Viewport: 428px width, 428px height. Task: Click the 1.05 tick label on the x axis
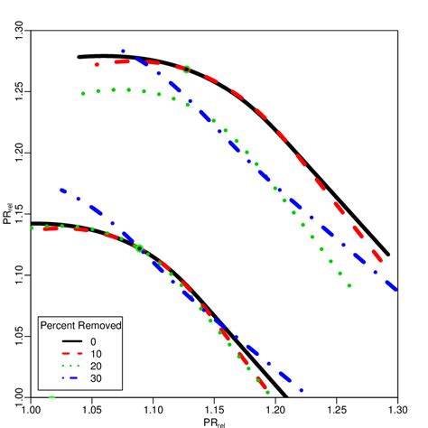click(x=92, y=408)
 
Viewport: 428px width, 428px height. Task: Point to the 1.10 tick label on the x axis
click(x=154, y=408)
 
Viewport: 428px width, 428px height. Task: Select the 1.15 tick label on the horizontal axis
click(x=214, y=408)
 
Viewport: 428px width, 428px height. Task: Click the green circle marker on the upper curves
click(x=187, y=69)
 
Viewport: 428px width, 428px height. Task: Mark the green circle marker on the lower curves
click(x=139, y=248)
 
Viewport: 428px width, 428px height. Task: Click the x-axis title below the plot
click(x=214, y=420)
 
